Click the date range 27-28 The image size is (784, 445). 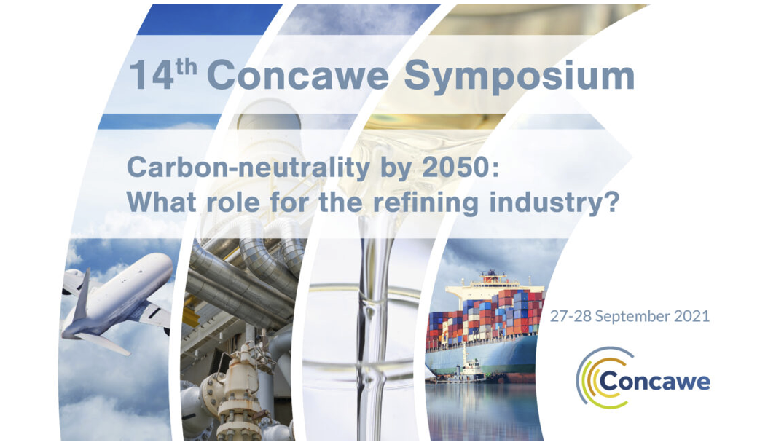pos(571,317)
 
